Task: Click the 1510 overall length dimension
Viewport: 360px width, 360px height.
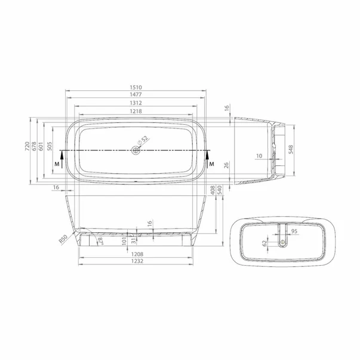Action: coord(137,87)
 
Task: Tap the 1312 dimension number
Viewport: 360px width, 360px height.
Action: coord(137,103)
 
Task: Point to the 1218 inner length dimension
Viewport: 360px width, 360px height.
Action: coord(137,111)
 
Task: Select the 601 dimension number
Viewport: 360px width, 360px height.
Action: coord(42,147)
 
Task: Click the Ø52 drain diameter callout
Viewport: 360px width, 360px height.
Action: coord(143,142)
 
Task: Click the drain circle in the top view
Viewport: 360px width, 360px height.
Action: coord(137,151)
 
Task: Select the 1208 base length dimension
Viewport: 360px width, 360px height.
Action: coord(137,254)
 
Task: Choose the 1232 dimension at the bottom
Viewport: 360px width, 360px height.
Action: coord(137,261)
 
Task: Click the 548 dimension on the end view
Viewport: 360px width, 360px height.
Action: coord(291,149)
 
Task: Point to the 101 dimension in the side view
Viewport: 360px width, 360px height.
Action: coord(124,241)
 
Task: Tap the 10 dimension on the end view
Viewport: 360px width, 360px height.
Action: coord(258,156)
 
